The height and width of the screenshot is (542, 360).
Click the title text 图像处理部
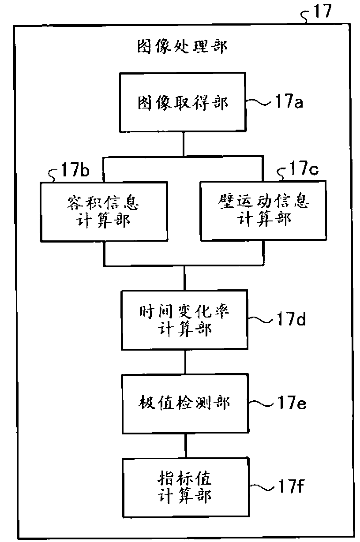[182, 46]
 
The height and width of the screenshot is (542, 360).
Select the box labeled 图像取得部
[183, 102]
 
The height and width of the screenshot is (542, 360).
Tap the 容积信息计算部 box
[104, 212]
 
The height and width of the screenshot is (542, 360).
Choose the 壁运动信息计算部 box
[263, 210]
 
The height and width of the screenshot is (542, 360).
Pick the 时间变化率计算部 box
[184, 320]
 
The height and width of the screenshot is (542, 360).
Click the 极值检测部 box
[185, 404]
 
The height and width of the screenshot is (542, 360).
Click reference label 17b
[75, 169]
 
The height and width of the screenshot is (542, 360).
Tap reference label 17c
[304, 168]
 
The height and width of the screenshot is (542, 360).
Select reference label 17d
[292, 318]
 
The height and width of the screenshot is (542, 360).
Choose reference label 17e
[292, 402]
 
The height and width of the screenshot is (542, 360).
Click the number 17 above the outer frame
[322, 11]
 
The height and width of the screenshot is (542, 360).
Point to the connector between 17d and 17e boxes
[185, 362]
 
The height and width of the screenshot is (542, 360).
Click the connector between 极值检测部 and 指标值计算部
[186, 446]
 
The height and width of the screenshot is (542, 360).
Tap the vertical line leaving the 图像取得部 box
[184, 144]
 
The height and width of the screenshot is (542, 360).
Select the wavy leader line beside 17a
[260, 102]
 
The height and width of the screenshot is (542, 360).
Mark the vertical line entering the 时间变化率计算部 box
[185, 278]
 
